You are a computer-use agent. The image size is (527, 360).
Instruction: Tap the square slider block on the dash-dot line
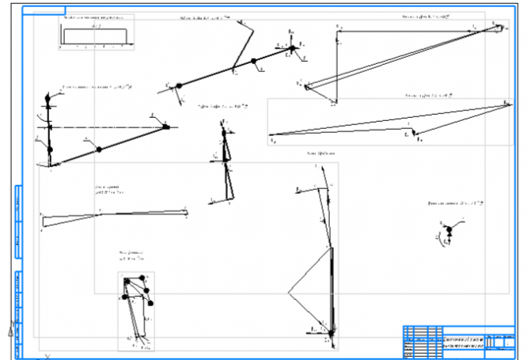[166, 126]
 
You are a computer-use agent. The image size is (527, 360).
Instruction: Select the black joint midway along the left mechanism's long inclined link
[98, 149]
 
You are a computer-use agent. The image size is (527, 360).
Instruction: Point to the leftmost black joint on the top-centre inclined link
[180, 85]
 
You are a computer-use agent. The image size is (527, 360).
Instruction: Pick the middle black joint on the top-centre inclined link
[254, 61]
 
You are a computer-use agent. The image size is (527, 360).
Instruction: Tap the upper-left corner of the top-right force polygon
[338, 28]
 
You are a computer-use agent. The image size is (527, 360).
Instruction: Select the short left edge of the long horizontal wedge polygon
[44, 219]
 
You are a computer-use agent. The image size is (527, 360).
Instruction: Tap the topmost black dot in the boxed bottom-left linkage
[143, 277]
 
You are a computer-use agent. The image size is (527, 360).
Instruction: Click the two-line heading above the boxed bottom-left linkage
[131, 255]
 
